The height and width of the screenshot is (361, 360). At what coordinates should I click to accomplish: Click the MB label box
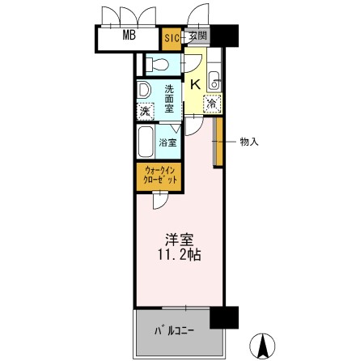(129, 36)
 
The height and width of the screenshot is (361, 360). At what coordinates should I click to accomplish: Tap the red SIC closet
(172, 36)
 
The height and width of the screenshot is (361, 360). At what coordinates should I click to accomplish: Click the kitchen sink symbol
(214, 79)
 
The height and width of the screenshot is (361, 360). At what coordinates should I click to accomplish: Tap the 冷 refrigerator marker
(211, 103)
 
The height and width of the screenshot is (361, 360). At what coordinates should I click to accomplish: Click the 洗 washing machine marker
(145, 110)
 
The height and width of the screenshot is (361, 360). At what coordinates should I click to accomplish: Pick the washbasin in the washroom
(143, 89)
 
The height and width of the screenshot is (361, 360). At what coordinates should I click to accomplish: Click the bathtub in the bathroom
(146, 141)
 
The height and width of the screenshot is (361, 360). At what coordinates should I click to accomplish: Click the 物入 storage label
(250, 142)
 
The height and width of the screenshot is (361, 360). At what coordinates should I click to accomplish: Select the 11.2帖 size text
(180, 254)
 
